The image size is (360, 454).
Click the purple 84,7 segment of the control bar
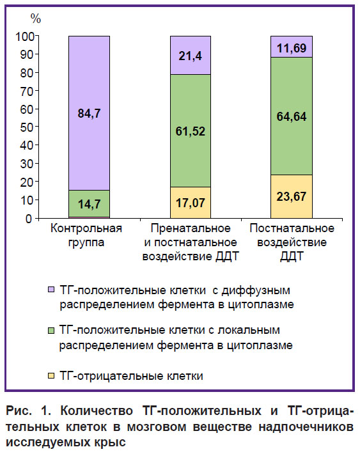pos(90,113)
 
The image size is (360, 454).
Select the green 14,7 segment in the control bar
pos(90,203)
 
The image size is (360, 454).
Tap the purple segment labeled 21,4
pos(191,55)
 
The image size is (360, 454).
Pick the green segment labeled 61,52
pos(191,131)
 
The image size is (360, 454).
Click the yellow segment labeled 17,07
pos(191,203)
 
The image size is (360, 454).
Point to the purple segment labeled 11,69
pos(292,47)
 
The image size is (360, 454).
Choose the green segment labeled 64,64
pos(292,116)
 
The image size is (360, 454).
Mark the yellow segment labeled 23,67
pos(292,196)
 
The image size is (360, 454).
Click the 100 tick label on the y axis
pos(24,36)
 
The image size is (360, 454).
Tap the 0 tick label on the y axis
pos(28,219)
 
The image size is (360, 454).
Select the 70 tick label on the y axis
pos(27,91)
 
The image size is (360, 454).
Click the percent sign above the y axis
pos(36,19)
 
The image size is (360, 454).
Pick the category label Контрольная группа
pos(86,235)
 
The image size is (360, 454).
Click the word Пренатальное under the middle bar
pos(191,228)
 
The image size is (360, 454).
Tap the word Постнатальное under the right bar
pos(292,228)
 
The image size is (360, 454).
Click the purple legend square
pos(51,290)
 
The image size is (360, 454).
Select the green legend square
pos(51,330)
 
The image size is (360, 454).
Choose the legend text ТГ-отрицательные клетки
pos(131,376)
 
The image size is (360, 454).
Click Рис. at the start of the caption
pos(19,411)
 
